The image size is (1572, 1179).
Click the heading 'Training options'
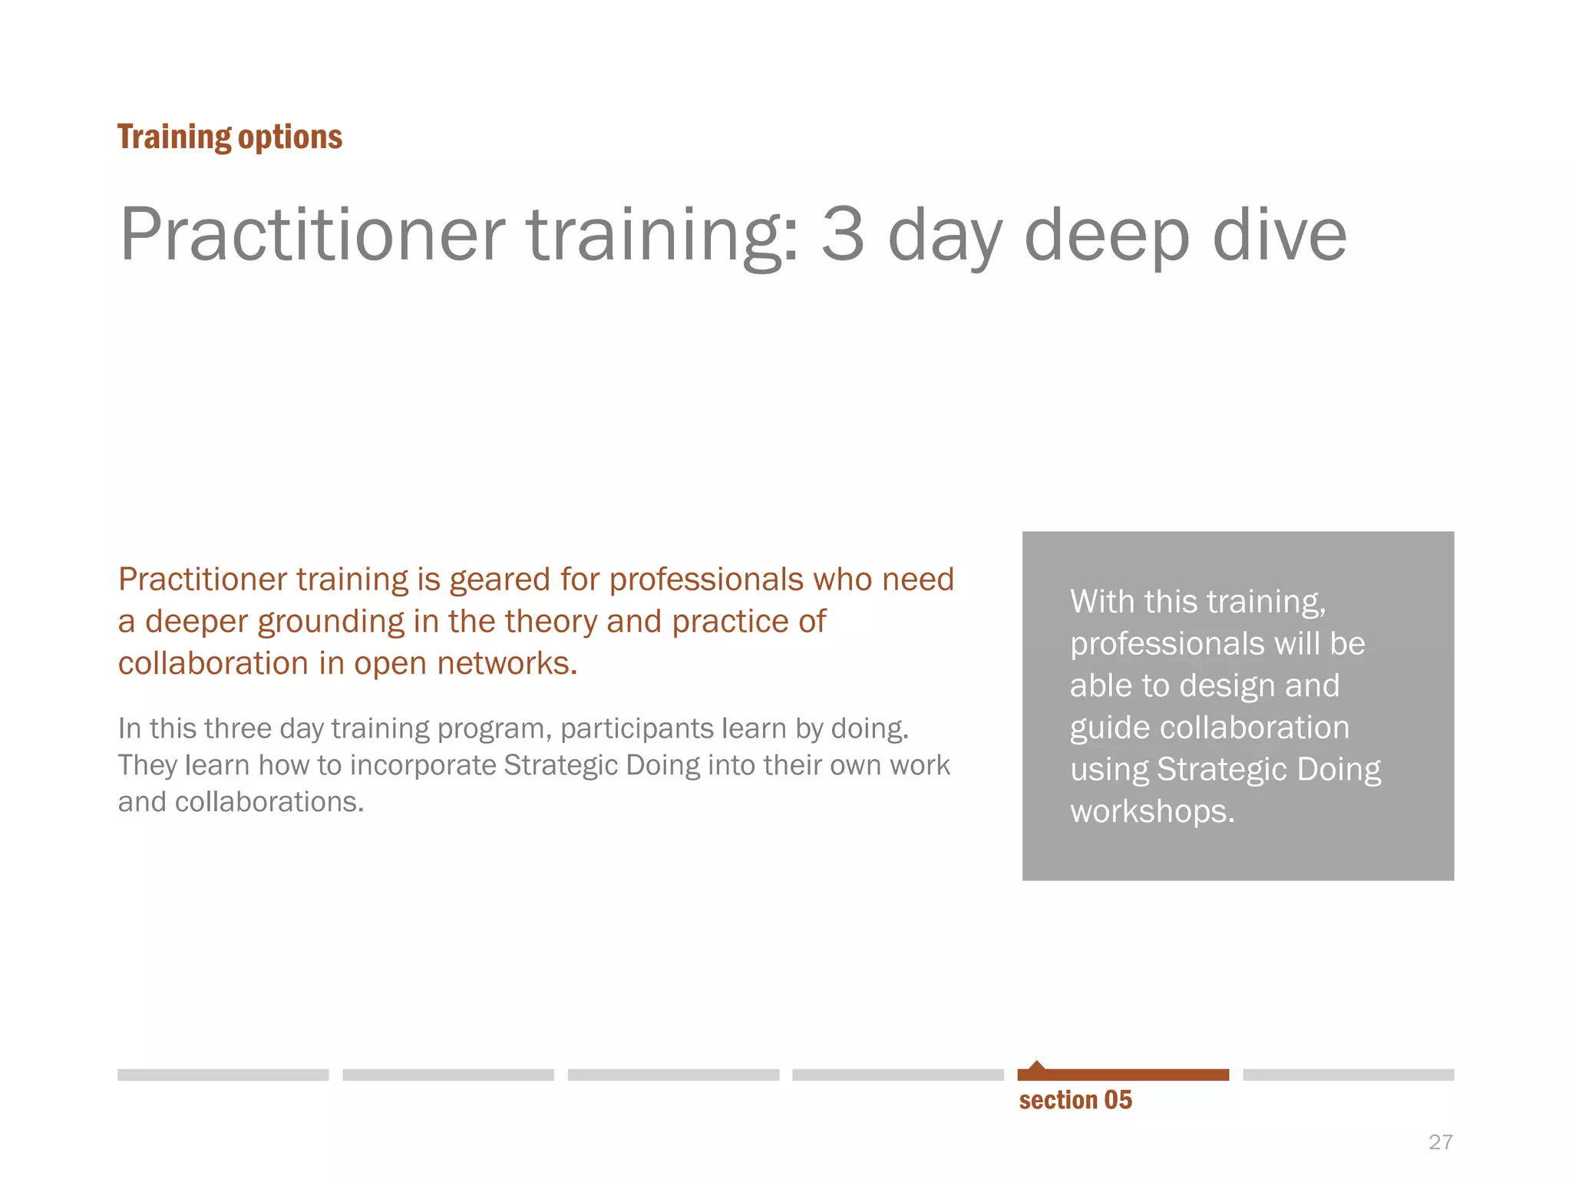(x=230, y=137)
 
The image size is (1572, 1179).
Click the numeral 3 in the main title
(x=843, y=233)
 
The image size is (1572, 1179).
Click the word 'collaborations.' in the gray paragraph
(x=269, y=802)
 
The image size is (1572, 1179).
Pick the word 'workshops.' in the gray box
(x=1152, y=811)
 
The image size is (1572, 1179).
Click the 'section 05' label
(x=1075, y=1100)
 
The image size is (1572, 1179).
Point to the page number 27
(x=1440, y=1142)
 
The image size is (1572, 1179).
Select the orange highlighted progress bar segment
(x=1123, y=1075)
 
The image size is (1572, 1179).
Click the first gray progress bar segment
(x=223, y=1075)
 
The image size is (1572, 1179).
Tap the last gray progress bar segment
(x=1348, y=1075)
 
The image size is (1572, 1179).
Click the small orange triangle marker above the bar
(x=1037, y=1065)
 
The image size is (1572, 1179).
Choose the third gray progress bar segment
(x=673, y=1075)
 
